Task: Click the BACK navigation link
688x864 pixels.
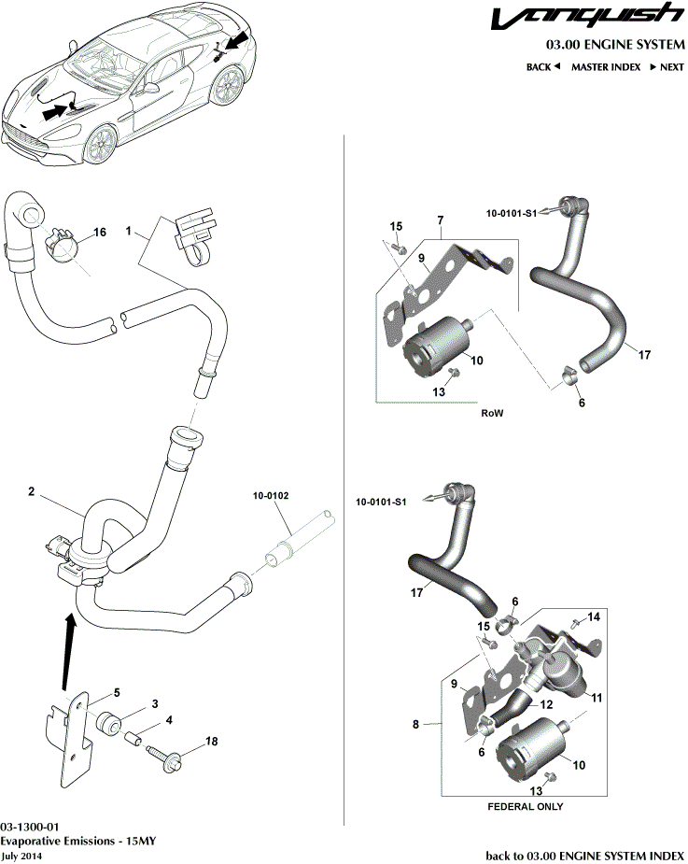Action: pos(542,67)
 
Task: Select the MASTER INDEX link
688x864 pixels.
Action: pos(606,67)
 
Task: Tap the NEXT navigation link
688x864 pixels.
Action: pos(667,67)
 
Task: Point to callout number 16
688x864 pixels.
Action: pos(100,232)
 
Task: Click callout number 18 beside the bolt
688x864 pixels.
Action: pos(211,742)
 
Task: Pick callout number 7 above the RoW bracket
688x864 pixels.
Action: pos(440,220)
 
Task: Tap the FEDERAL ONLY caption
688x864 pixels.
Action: pos(526,806)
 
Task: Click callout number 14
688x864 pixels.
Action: pos(596,617)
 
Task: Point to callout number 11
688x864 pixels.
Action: pos(597,696)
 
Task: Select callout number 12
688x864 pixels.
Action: pos(547,703)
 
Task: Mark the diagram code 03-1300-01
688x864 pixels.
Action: pos(31,828)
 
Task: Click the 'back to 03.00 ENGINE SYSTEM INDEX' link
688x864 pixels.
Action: pos(585,855)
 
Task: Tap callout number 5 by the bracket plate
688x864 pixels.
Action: pos(117,692)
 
